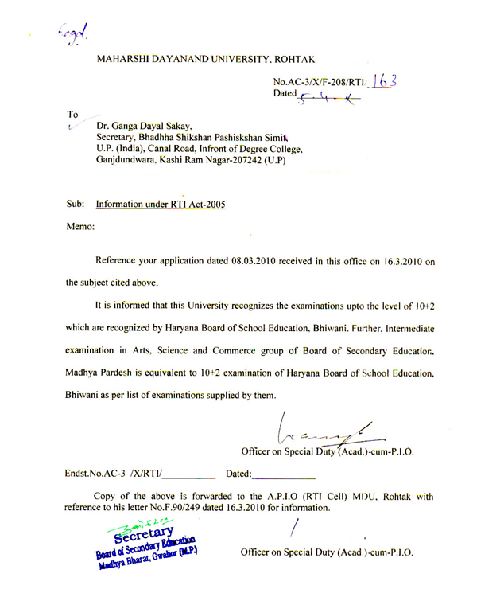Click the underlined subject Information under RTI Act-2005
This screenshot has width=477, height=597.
pyautogui.click(x=160, y=204)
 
